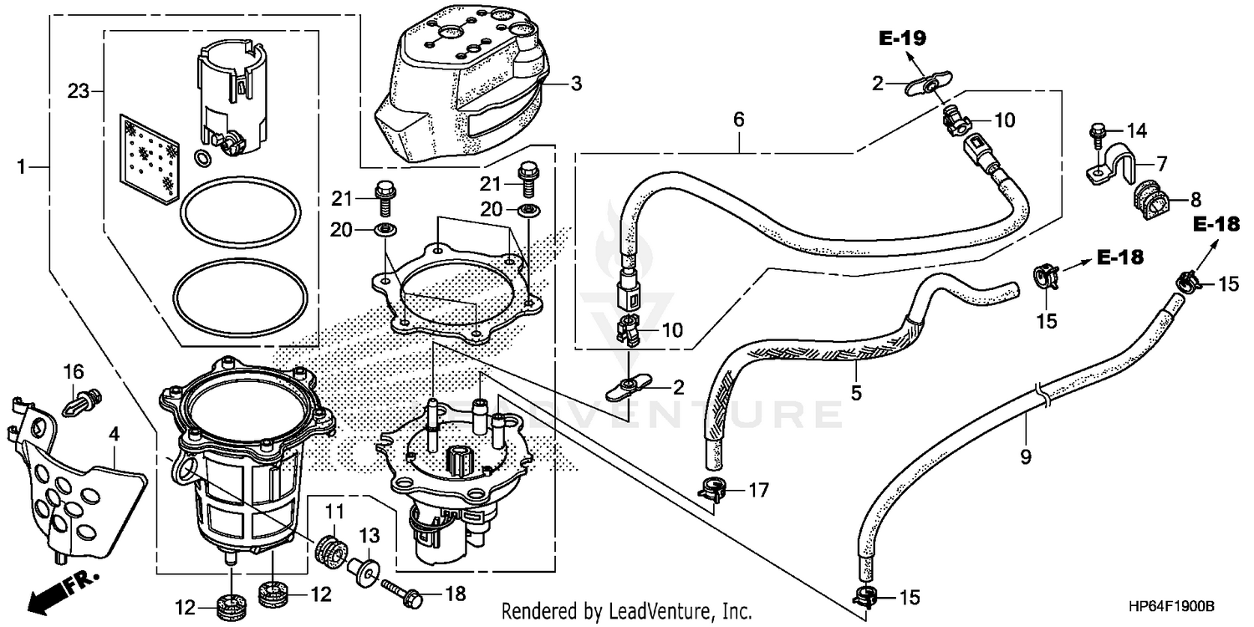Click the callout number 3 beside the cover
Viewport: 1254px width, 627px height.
(576, 84)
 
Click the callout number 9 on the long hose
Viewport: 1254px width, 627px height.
(1026, 457)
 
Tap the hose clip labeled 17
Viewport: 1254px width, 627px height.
(711, 489)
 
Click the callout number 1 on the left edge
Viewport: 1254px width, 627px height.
(23, 168)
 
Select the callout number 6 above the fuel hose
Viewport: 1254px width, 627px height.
(738, 120)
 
